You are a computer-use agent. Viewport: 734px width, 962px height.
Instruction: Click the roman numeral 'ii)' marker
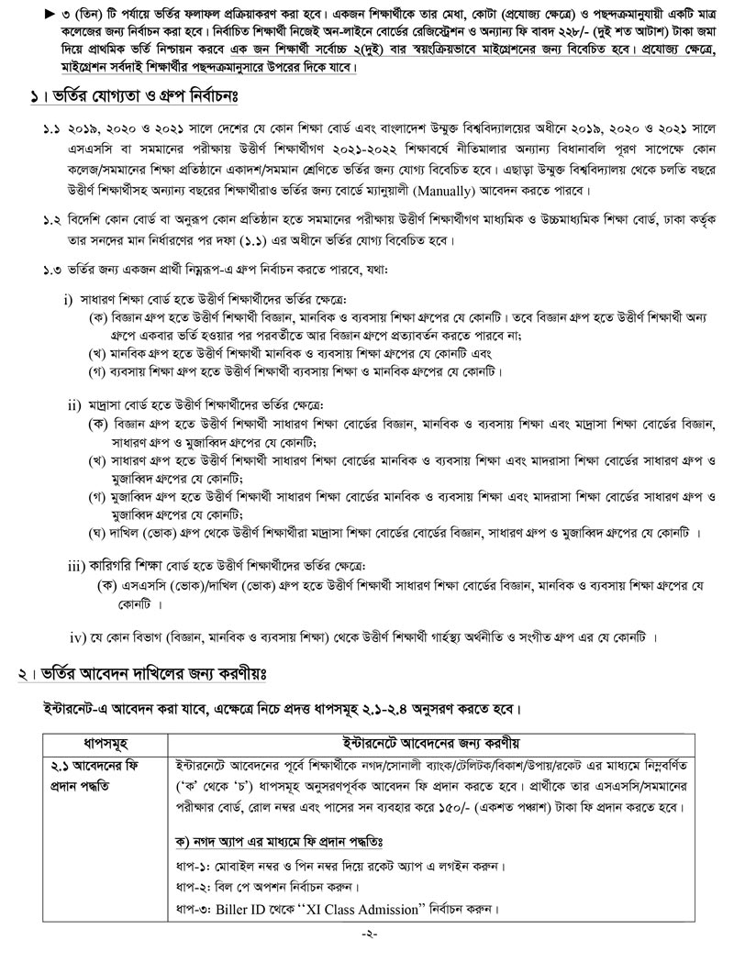pos(74,404)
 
